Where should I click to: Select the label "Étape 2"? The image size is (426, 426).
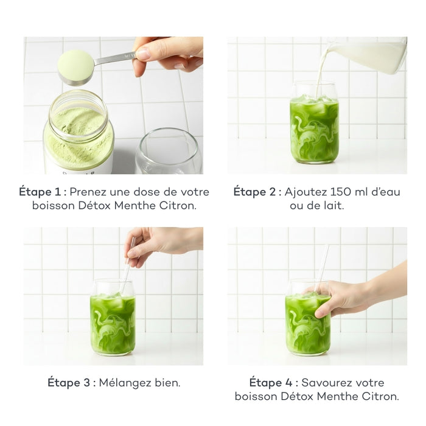click(x=256, y=192)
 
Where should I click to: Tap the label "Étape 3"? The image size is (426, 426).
click(x=70, y=383)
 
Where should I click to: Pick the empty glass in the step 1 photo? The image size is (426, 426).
click(x=168, y=152)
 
